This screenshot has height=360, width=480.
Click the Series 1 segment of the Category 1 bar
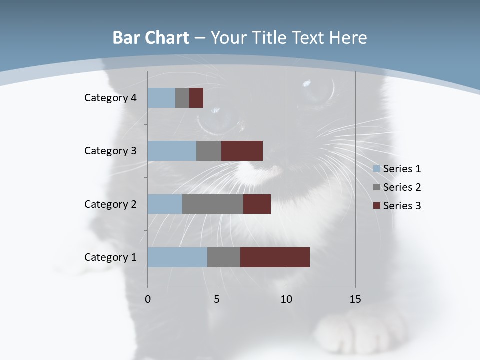177,257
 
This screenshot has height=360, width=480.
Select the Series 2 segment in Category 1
224,257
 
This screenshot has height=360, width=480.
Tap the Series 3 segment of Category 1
275,257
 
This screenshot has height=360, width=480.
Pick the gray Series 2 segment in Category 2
213,204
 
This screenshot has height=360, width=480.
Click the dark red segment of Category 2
257,204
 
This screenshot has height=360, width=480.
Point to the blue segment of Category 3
172,151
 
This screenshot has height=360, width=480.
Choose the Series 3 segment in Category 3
242,151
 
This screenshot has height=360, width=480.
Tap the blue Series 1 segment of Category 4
161,98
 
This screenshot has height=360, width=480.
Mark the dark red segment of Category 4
196,98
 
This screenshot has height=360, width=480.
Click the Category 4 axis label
110,98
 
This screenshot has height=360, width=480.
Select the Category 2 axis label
110,204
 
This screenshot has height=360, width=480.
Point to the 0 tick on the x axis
148,299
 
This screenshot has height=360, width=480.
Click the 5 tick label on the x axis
217,299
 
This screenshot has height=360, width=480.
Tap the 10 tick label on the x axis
286,299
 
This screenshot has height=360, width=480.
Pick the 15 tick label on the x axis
355,299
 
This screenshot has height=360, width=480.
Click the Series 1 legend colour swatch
376,169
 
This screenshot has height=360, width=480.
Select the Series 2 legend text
402,187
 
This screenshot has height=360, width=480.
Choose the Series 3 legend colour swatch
376,206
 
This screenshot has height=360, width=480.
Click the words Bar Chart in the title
151,37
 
